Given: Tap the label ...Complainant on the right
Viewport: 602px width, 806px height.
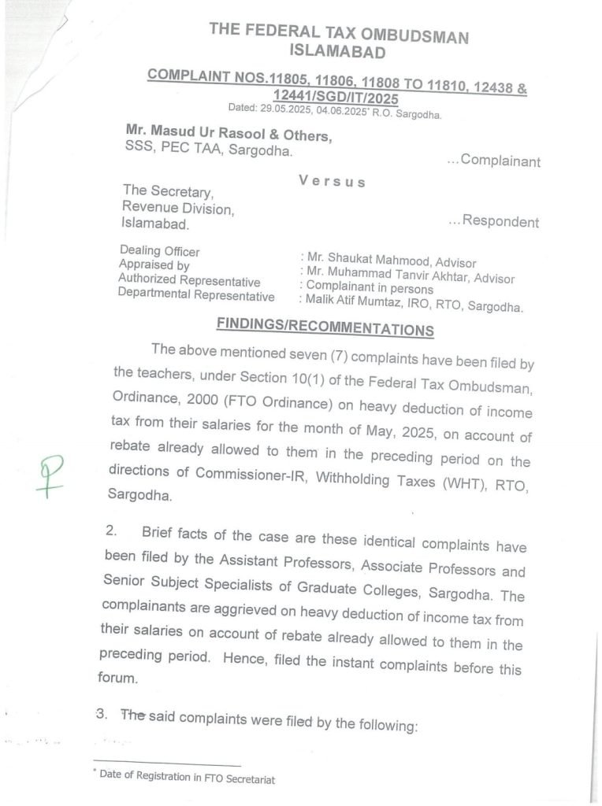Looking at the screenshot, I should pyautogui.click(x=493, y=161).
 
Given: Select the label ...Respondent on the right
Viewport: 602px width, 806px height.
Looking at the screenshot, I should pyautogui.click(x=494, y=221).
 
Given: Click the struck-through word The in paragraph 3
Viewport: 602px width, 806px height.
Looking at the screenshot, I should pyautogui.click(x=133, y=715).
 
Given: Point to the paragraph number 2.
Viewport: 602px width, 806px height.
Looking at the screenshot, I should pyautogui.click(x=110, y=531).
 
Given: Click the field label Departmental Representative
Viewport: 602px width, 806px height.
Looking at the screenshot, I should pyautogui.click(x=196, y=296).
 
